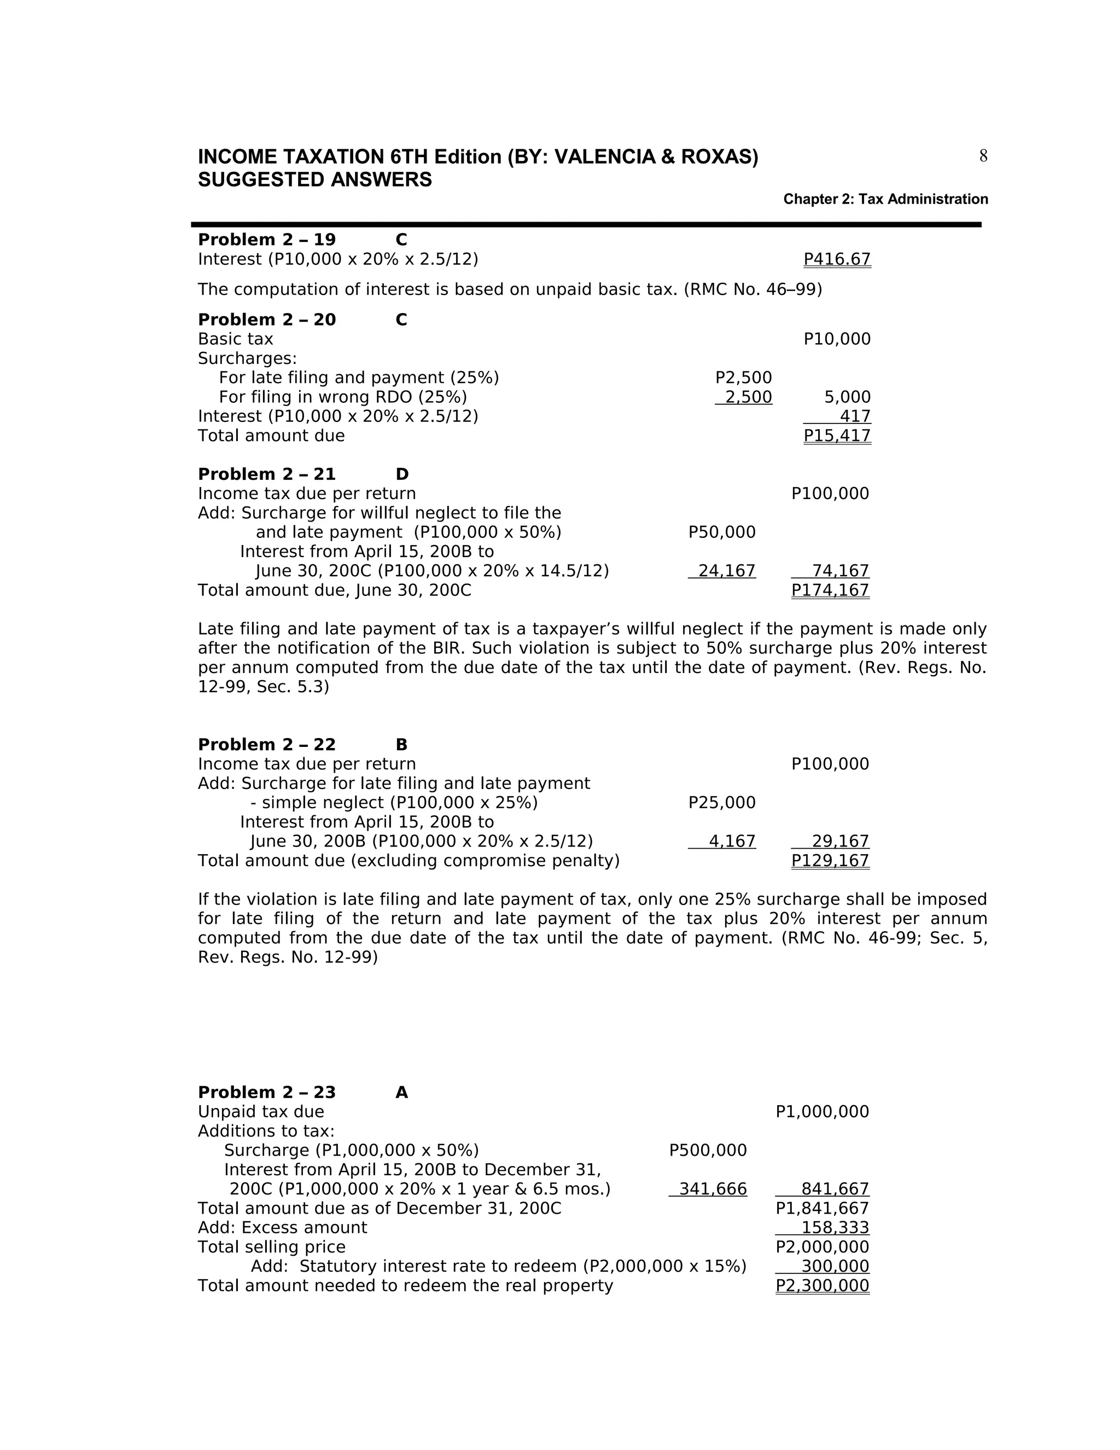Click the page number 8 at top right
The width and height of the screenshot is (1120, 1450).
click(983, 156)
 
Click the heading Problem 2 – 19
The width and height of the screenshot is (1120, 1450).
click(267, 240)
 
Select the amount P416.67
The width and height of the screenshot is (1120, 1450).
click(837, 259)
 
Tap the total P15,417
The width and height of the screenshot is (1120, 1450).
click(837, 436)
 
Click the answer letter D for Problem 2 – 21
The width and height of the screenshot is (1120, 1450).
click(402, 475)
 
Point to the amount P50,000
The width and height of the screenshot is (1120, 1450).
click(722, 532)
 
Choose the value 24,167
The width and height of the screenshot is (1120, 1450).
click(727, 571)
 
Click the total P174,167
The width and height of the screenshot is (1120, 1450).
click(830, 590)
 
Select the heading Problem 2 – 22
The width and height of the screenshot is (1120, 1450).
click(267, 745)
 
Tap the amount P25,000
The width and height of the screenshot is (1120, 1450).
click(722, 803)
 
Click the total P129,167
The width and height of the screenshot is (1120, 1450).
click(830, 861)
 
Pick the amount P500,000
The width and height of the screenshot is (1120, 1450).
click(708, 1151)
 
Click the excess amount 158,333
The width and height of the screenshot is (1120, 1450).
click(835, 1228)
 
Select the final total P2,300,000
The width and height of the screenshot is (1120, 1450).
click(822, 1286)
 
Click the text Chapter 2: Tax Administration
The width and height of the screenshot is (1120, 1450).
click(885, 199)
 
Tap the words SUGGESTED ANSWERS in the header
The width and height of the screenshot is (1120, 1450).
click(314, 180)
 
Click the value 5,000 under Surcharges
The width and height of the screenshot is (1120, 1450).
click(847, 398)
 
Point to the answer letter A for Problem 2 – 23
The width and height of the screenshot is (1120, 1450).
click(401, 1093)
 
